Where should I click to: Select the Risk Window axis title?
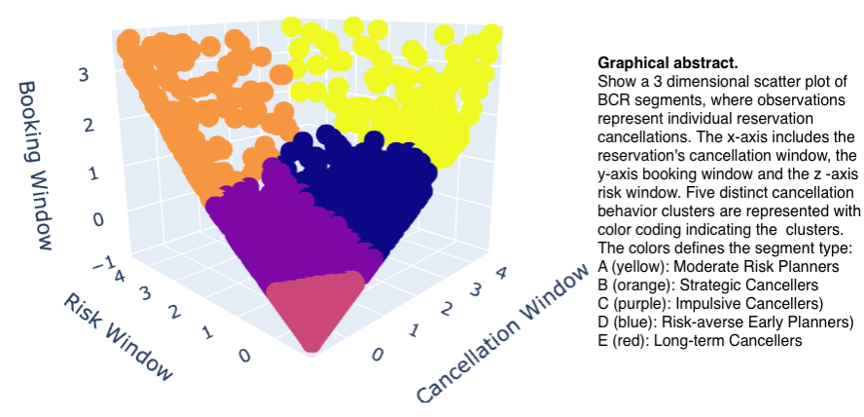coord(118,336)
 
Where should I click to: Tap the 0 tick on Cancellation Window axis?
coord(377,354)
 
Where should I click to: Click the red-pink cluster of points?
coord(315,311)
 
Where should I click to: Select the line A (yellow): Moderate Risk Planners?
coord(718,266)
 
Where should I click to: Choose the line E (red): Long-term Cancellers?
coord(700,341)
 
